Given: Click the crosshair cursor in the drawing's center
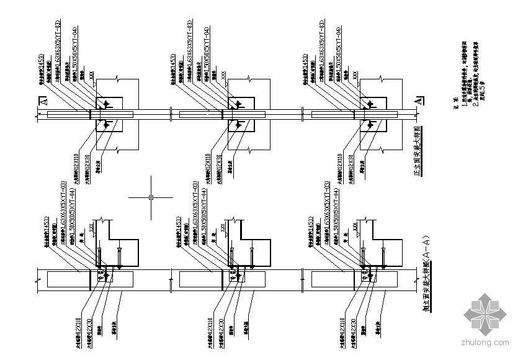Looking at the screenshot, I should (x=151, y=197).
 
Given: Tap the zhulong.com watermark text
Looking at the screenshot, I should (x=484, y=342).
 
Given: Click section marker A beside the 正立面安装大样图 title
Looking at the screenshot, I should (x=418, y=100).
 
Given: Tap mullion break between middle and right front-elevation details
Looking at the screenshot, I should (x=291, y=113).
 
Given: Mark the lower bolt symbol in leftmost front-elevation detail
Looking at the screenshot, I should (x=105, y=125).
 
